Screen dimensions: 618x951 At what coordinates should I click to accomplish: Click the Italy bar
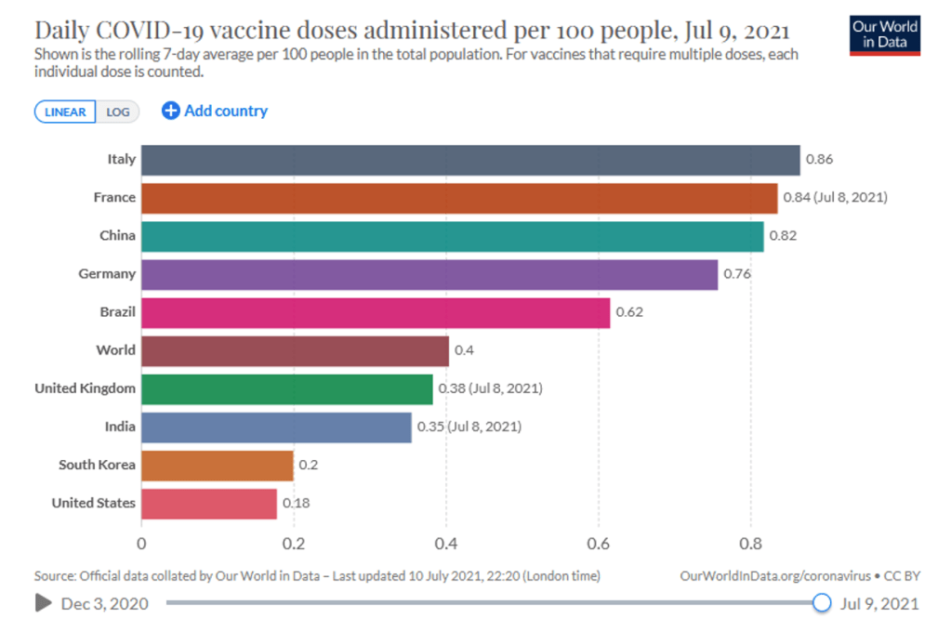pos(470,160)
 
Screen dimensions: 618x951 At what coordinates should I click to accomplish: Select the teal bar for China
pos(452,236)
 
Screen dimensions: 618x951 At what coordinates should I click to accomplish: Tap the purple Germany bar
pos(429,274)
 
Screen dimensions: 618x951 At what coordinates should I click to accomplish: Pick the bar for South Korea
pos(218,465)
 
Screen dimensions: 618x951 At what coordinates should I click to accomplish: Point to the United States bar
pos(209,504)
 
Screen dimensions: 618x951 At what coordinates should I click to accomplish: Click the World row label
pos(115,350)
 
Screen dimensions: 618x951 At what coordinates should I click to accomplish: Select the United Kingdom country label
pos(85,388)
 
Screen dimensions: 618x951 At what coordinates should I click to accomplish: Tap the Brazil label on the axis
pos(117,312)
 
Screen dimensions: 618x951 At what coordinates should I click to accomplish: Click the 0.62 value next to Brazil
pos(629,312)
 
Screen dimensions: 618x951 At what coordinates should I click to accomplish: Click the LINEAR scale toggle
pos(65,112)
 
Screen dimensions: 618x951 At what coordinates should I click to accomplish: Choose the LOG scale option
pos(118,112)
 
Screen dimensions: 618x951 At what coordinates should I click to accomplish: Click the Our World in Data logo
pos(885,34)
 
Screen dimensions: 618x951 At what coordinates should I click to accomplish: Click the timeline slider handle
pos(822,603)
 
